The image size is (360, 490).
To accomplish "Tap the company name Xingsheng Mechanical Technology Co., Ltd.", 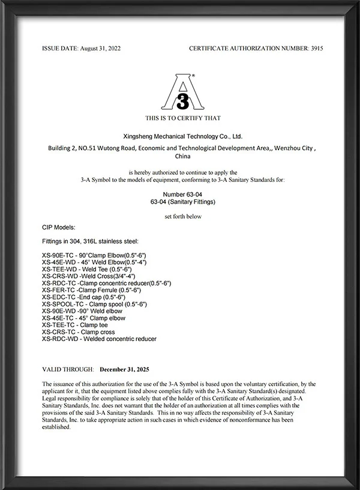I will tap(182, 136).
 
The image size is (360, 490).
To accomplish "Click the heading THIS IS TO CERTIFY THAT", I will tap(182, 118).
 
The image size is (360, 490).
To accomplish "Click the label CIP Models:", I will tap(59, 228).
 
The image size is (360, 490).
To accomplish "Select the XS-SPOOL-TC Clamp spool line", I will tap(94, 304).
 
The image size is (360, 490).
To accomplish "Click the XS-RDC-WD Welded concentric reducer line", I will tap(99, 339).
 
